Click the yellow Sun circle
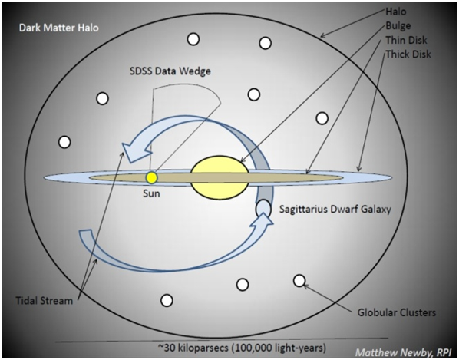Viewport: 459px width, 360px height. click(152, 177)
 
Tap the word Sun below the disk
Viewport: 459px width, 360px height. click(151, 193)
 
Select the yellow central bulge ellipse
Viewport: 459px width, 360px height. click(220, 177)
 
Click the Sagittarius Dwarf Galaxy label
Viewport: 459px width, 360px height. click(335, 210)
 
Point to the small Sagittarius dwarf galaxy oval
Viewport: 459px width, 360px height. click(263, 208)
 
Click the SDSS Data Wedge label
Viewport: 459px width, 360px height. click(170, 71)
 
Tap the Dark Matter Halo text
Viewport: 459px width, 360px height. click(59, 28)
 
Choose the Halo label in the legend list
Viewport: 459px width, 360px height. click(396, 12)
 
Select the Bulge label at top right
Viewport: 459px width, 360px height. click(398, 26)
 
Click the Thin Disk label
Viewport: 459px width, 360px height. click(406, 40)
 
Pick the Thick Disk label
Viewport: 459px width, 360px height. click(408, 54)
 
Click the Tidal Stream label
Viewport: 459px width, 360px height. click(45, 301)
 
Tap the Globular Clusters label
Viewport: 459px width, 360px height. click(397, 312)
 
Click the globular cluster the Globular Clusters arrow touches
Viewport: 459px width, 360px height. click(299, 280)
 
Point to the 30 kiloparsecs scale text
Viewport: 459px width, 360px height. click(242, 348)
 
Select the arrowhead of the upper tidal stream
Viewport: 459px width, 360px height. click(132, 150)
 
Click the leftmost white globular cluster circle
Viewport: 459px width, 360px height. click(64, 142)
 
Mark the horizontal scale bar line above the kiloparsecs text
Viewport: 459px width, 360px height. click(222, 340)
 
